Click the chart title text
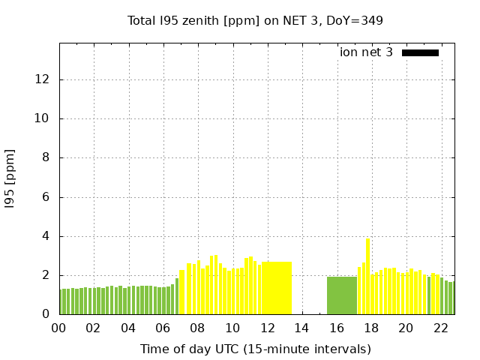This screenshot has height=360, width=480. coord(255,20)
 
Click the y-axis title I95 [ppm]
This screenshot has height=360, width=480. coord(10,178)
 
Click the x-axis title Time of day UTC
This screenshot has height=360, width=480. coord(255,349)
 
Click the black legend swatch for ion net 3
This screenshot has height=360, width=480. coord(420,52)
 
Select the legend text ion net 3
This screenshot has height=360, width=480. coord(366,52)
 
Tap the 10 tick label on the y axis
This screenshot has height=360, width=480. coord(43,118)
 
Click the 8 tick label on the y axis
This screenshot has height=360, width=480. coord(46,158)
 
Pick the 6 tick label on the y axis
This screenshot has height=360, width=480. coord(46,197)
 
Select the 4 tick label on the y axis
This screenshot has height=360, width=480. coord(46,236)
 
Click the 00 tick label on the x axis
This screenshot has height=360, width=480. coord(58,328)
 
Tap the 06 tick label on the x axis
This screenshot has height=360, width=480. coord(163,328)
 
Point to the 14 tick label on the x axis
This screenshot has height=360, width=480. coord(301,328)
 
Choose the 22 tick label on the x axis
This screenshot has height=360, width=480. coord(440,328)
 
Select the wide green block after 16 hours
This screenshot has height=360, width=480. coord(341,295)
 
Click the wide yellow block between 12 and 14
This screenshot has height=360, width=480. coord(276,288)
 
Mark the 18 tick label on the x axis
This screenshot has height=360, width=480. coord(370,328)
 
